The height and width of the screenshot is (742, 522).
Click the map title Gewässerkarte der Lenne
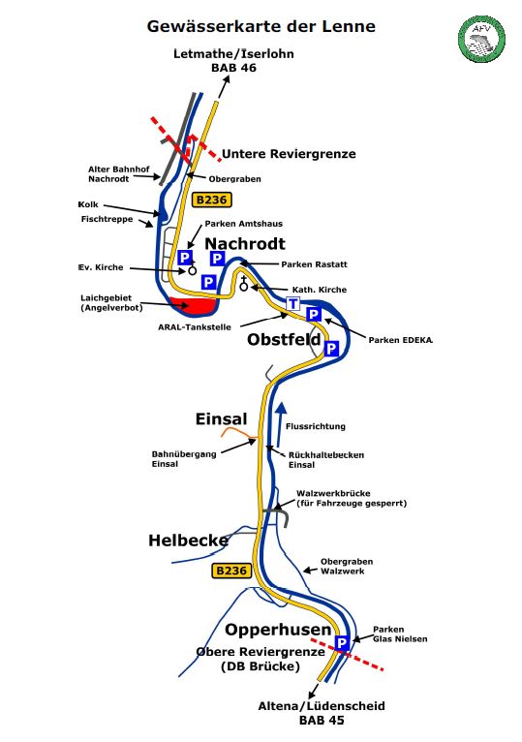click(261, 26)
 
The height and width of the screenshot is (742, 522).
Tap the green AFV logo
click(481, 39)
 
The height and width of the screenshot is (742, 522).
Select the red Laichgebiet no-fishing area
click(193, 305)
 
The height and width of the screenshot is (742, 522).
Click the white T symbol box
click(293, 304)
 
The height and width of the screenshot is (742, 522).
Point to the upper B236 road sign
click(211, 200)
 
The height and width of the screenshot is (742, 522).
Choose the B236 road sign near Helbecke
click(230, 571)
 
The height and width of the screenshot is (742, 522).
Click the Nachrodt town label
click(245, 244)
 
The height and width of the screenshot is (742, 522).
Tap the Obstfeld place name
click(284, 339)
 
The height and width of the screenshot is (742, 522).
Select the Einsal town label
click(221, 419)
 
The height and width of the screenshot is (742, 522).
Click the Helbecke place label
click(188, 541)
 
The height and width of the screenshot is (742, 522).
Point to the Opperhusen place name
click(278, 630)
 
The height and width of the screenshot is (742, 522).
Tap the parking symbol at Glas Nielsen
click(342, 643)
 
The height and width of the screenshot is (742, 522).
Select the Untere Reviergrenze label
click(289, 154)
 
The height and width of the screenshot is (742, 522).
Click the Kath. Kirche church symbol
click(244, 283)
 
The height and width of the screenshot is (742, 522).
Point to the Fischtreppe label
click(107, 220)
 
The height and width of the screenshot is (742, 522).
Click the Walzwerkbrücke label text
click(333, 493)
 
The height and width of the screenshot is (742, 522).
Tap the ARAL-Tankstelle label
click(195, 327)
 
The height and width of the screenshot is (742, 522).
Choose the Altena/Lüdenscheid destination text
click(322, 706)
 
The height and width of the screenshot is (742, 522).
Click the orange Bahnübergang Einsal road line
click(239, 432)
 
